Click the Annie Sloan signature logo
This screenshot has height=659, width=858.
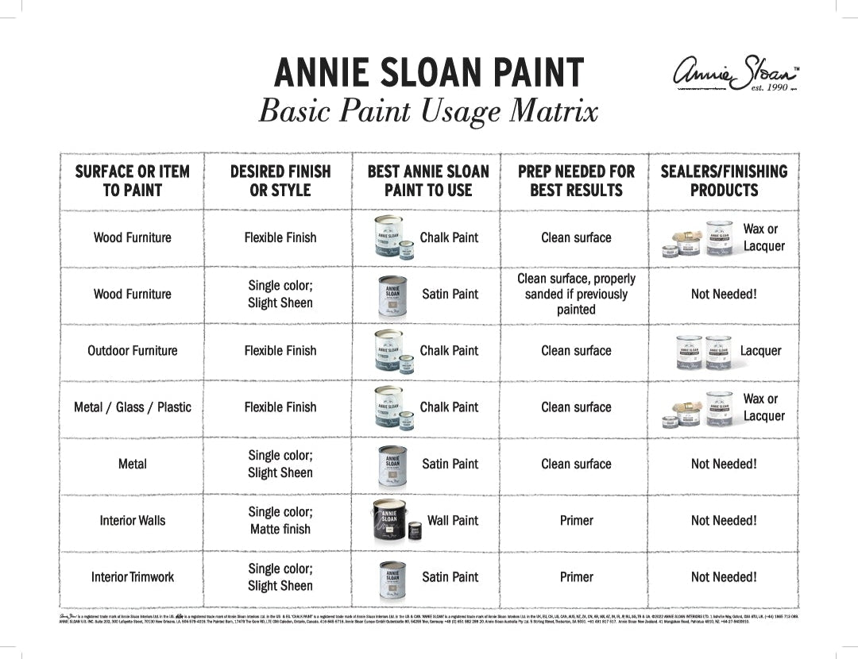(734, 72)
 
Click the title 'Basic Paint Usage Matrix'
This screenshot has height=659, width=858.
(428, 111)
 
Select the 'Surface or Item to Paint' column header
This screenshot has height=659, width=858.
(132, 180)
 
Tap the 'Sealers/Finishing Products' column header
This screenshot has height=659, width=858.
(724, 180)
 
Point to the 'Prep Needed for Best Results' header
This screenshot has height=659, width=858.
(576, 180)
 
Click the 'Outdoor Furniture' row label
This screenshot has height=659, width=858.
(132, 350)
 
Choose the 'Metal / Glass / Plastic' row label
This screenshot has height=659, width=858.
(132, 407)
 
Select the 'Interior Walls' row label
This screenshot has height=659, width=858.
(132, 521)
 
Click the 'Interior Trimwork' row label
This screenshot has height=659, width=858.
(132, 577)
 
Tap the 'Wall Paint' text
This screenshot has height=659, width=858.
(453, 521)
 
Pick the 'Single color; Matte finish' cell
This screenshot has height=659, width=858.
(280, 521)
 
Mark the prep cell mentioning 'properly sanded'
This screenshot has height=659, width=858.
(576, 294)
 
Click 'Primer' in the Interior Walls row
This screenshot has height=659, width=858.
(576, 521)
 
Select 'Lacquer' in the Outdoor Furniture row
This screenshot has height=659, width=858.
(760, 350)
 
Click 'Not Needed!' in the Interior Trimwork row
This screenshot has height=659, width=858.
(724, 577)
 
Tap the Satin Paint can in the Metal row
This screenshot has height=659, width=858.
(392, 464)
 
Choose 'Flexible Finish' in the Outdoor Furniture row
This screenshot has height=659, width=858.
(280, 350)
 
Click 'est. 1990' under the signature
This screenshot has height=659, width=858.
(770, 87)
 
